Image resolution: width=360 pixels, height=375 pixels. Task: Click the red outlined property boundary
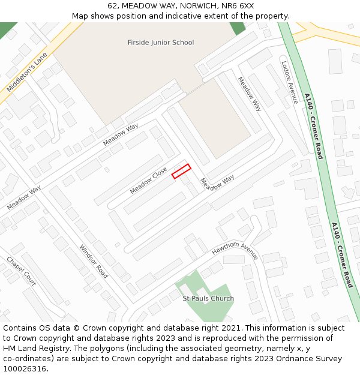[181, 172]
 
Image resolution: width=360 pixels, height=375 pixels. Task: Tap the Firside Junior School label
[161, 43]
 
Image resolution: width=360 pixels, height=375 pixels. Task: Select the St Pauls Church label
[208, 298]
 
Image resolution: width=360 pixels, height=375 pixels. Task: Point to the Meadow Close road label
[148, 181]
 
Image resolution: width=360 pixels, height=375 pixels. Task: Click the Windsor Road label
[94, 262]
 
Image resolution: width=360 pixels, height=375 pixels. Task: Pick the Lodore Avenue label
[289, 82]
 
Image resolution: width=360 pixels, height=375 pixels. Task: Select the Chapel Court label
[22, 271]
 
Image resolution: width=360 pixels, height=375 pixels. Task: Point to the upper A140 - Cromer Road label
[313, 126]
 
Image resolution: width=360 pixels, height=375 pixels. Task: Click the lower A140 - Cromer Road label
[342, 255]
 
